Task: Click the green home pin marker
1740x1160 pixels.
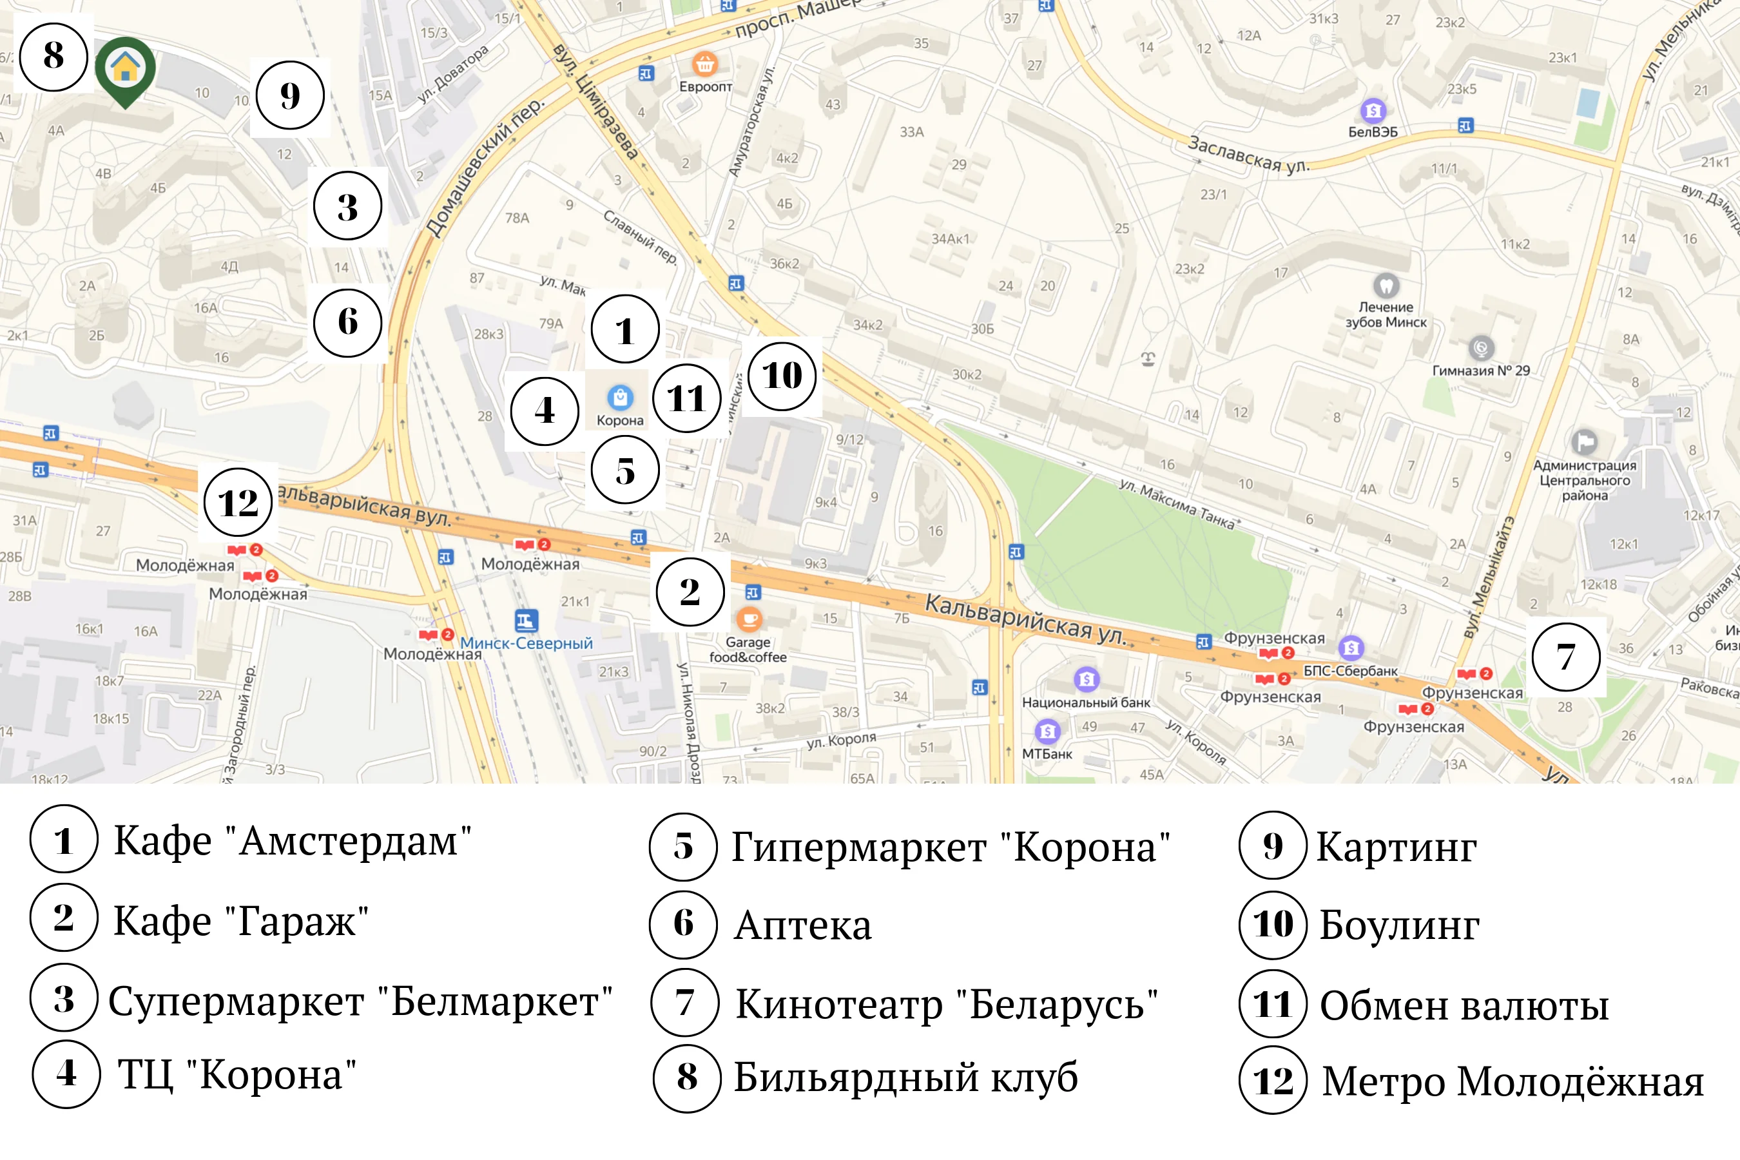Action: (x=125, y=68)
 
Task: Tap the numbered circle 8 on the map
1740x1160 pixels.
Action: (x=53, y=56)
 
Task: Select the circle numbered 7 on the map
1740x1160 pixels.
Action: (x=1565, y=657)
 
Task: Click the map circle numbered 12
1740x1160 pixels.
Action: (x=237, y=503)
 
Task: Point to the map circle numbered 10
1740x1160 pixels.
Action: (x=782, y=376)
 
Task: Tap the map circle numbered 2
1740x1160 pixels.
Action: (x=690, y=592)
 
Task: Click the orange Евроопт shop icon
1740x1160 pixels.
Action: (x=705, y=64)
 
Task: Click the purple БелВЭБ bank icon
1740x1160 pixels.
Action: (x=1373, y=111)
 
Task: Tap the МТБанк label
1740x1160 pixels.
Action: (x=1047, y=754)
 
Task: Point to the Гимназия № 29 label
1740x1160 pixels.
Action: (x=1481, y=371)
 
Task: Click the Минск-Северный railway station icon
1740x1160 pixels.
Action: (x=526, y=620)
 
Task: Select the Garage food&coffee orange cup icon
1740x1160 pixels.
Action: (x=749, y=618)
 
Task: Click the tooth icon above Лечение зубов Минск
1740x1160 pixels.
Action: (x=1386, y=285)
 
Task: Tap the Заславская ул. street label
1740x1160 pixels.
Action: (x=1248, y=155)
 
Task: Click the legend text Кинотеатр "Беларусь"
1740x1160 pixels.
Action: (x=946, y=1005)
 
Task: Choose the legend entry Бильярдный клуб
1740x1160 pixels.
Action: (x=905, y=1077)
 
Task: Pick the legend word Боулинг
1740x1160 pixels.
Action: (x=1399, y=925)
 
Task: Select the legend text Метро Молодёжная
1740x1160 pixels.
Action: (x=1512, y=1081)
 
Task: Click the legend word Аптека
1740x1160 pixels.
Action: (x=803, y=925)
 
